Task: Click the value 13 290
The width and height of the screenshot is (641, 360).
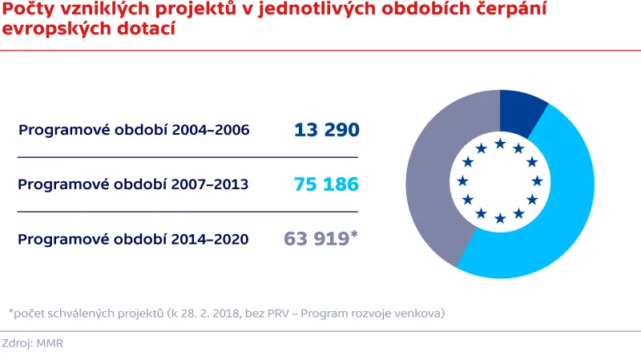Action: (326, 130)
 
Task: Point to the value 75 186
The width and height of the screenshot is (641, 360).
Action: (326, 184)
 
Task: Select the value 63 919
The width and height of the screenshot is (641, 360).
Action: (316, 239)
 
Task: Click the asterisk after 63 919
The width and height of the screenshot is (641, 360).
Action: (354, 234)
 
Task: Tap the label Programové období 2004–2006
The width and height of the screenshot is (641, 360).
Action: (134, 130)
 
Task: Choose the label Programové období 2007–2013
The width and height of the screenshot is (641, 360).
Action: (133, 184)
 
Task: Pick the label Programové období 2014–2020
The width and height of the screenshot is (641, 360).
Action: (133, 239)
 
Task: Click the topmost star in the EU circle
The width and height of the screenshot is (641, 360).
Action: (500, 144)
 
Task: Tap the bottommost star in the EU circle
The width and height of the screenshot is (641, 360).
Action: (500, 218)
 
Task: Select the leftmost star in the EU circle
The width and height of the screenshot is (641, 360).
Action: (463, 180)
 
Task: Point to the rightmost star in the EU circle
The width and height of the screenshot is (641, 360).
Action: (538, 180)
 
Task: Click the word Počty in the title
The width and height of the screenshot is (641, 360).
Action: (26, 10)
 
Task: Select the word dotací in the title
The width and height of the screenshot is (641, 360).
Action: (148, 30)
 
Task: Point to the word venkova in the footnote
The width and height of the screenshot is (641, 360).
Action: (421, 312)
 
